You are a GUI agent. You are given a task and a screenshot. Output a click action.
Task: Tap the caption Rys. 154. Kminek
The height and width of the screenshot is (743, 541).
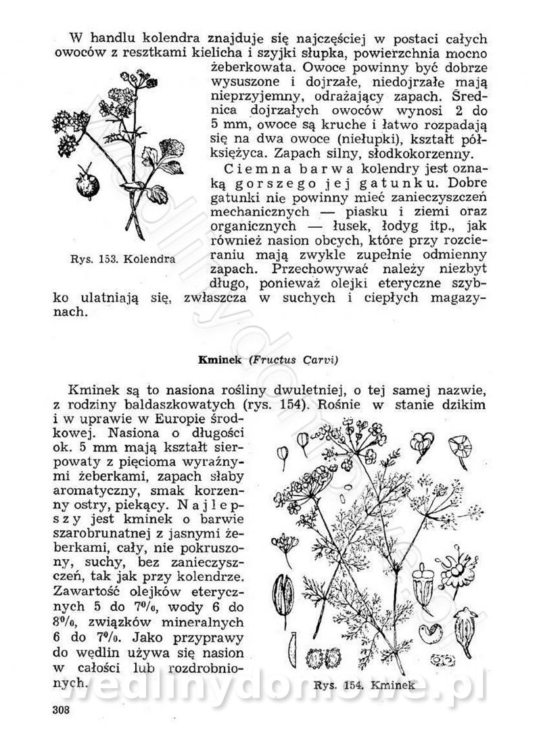pos(364,685)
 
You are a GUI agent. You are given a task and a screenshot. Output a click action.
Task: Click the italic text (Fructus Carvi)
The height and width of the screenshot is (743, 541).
pos(293,360)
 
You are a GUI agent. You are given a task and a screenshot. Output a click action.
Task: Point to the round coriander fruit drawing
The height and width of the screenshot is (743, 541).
pos(88,183)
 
